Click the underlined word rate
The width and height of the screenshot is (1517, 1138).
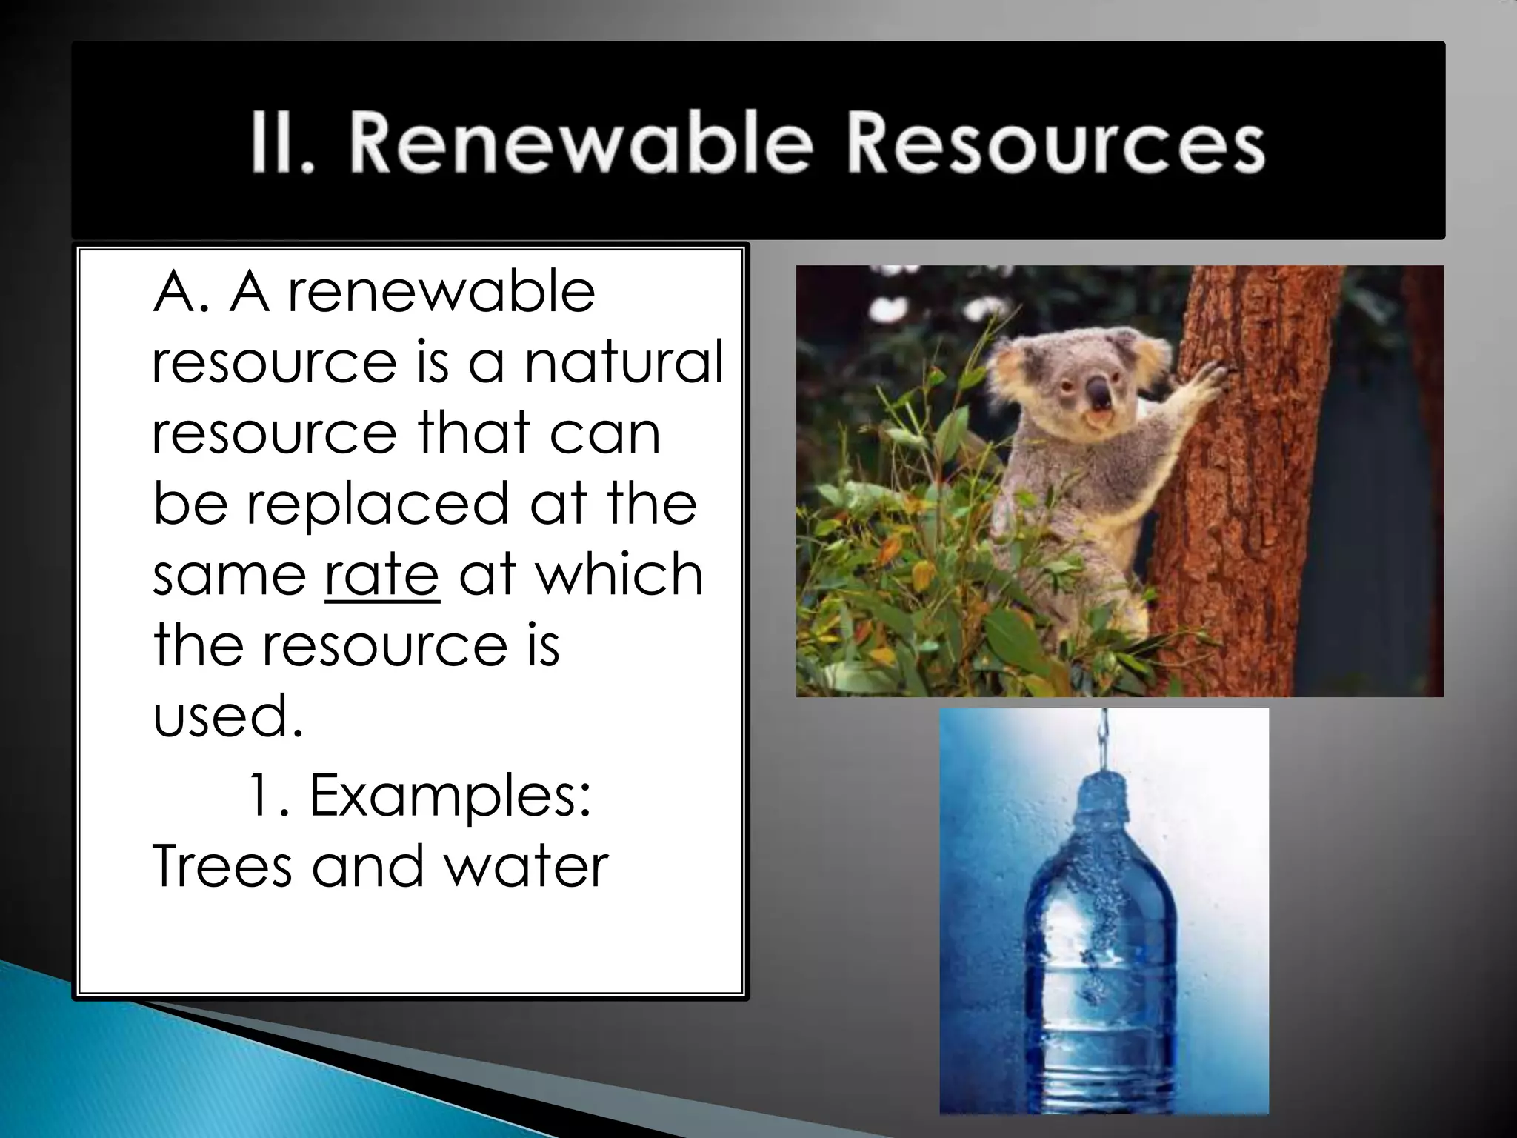(382, 575)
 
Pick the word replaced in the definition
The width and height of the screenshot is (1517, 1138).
(377, 505)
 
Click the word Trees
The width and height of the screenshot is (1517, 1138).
(221, 866)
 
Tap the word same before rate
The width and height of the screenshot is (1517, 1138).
(230, 575)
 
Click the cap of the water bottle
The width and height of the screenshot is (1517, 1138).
(1104, 793)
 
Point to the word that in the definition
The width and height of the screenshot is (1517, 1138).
(474, 433)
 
